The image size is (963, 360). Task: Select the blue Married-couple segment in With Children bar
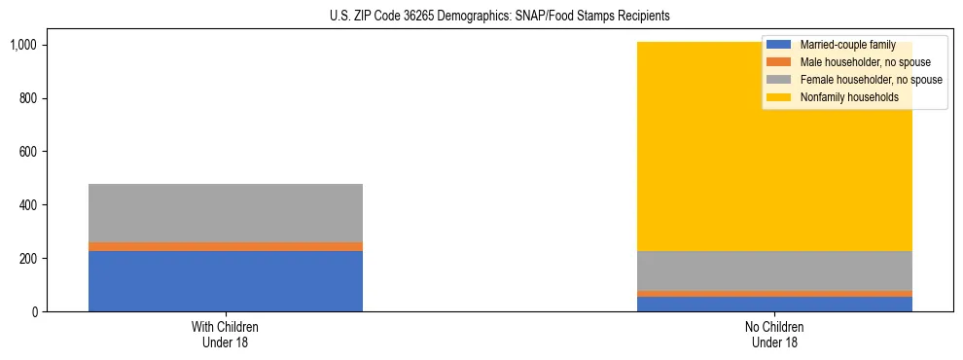point(226,281)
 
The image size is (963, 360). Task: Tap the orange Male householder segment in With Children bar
point(226,247)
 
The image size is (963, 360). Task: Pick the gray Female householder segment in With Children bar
point(226,213)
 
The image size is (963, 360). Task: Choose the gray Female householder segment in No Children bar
point(774,270)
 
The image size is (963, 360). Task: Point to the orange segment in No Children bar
point(774,293)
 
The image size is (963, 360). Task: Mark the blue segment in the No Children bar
point(774,305)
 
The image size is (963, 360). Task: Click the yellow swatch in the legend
point(779,97)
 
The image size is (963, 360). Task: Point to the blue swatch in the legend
point(779,45)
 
